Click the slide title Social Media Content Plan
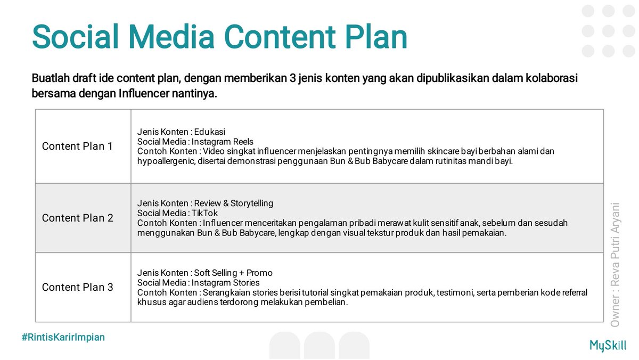point(219,37)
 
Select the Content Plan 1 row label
point(77,146)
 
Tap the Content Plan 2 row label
point(77,218)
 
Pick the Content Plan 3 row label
point(77,287)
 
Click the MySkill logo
point(608,345)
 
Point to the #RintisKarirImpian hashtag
point(63,337)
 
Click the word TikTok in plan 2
point(204,213)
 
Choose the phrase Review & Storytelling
point(233,203)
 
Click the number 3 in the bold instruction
point(292,78)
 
